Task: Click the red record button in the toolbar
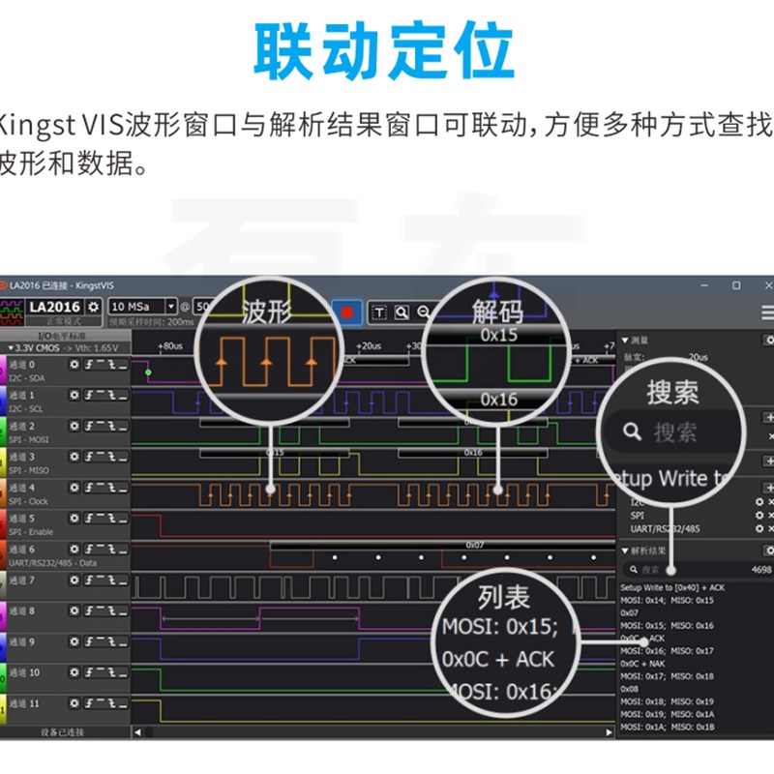tap(346, 313)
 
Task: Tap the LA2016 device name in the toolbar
tap(53, 307)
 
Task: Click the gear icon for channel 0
tap(74, 365)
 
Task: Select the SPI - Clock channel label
tap(29, 501)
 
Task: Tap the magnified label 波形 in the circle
tap(266, 312)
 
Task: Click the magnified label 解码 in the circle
tap(497, 311)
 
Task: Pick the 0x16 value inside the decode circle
tap(498, 399)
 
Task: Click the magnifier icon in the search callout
tap(633, 432)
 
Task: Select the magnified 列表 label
tap(503, 594)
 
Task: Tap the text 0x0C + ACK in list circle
tap(497, 659)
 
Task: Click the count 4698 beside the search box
tap(761, 570)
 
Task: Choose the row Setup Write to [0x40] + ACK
tap(671, 587)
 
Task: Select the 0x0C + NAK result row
tap(642, 664)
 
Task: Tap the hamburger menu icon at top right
tap(767, 313)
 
